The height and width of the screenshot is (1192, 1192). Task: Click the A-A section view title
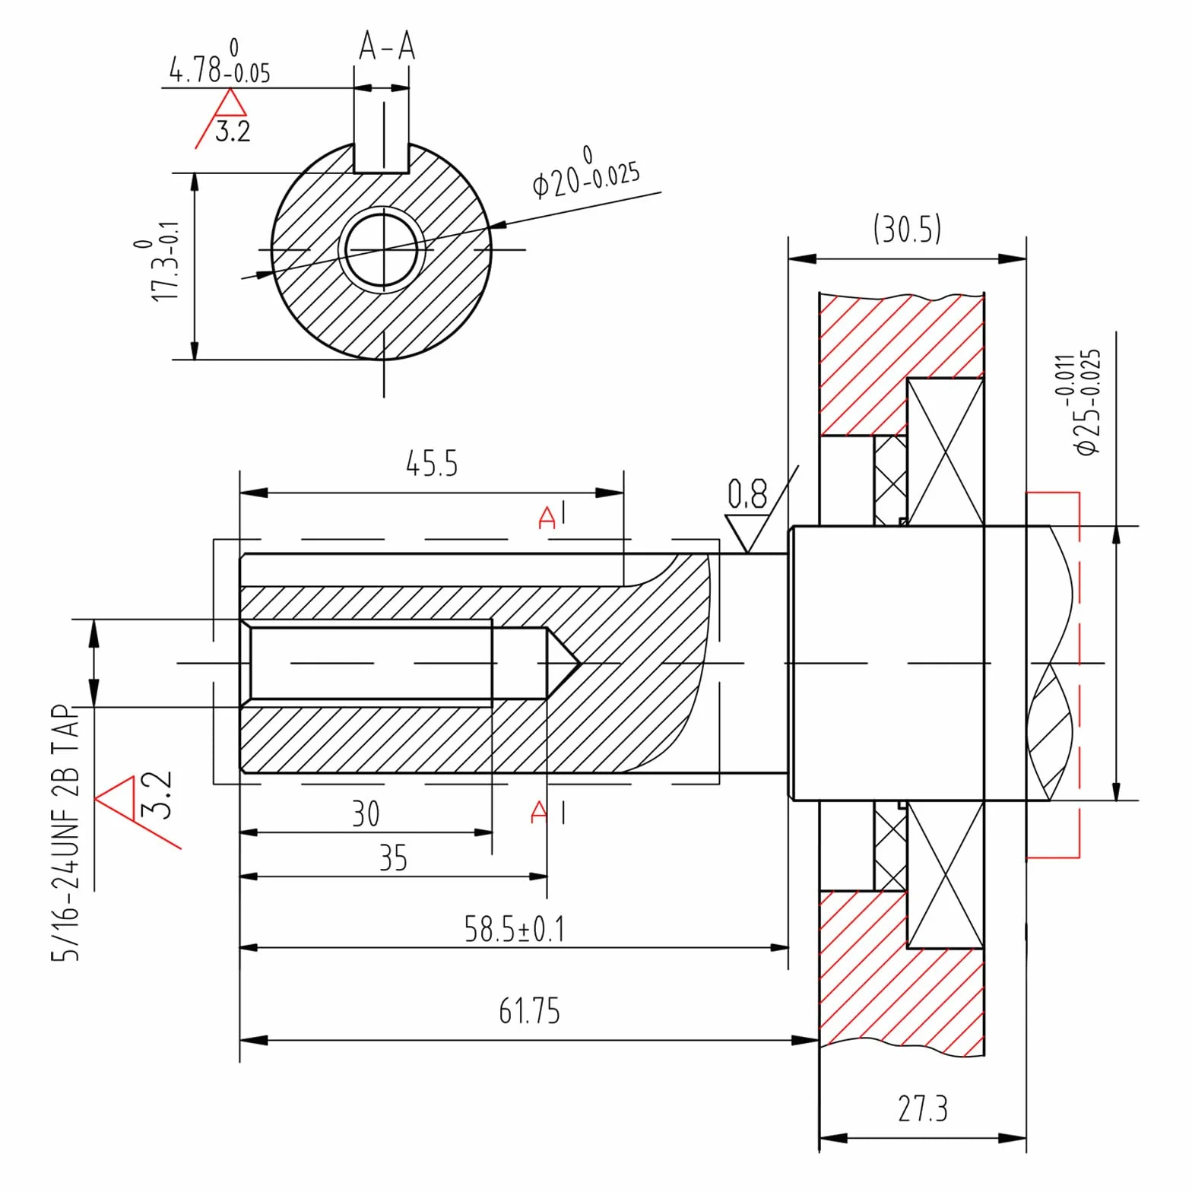click(x=387, y=46)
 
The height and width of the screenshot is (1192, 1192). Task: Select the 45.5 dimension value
click(x=432, y=464)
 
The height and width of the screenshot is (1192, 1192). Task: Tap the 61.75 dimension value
click(x=529, y=1011)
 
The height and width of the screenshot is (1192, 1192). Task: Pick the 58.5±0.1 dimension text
click(x=515, y=929)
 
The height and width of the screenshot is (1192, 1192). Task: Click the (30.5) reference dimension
click(x=907, y=228)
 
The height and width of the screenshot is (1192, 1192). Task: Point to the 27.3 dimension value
click(x=923, y=1108)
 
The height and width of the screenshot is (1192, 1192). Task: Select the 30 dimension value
click(x=366, y=814)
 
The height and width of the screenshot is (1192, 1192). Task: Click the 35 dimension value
click(x=393, y=858)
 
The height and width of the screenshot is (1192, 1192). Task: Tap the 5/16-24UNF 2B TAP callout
click(x=65, y=832)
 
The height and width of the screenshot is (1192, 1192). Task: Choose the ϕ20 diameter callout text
click(x=586, y=174)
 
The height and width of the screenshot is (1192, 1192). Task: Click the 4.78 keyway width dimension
click(x=220, y=62)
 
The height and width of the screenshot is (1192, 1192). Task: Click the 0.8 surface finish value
click(x=747, y=494)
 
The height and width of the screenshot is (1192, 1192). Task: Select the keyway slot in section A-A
click(x=382, y=157)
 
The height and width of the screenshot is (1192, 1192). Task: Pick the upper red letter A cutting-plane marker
click(x=547, y=518)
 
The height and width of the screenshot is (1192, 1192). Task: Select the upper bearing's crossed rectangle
click(x=946, y=452)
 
